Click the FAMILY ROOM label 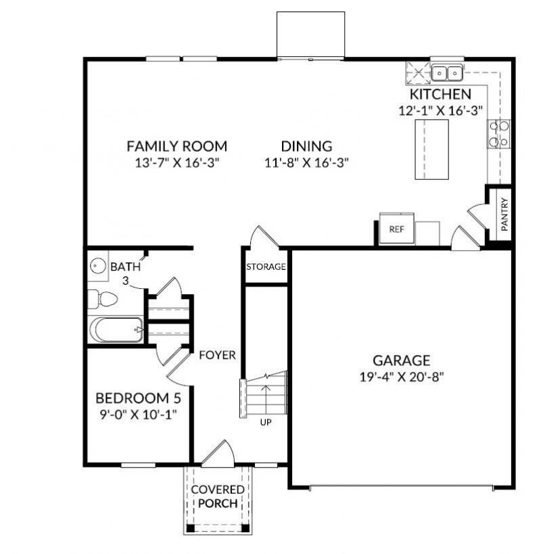point(177,146)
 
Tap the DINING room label point(307,146)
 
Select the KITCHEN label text point(440,95)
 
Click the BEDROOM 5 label point(138,397)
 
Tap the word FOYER point(217,355)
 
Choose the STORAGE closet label point(266,267)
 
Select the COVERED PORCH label point(218,497)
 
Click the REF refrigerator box point(396,229)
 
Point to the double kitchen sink point(446,70)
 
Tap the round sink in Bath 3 point(98,266)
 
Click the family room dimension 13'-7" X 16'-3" point(177,162)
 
